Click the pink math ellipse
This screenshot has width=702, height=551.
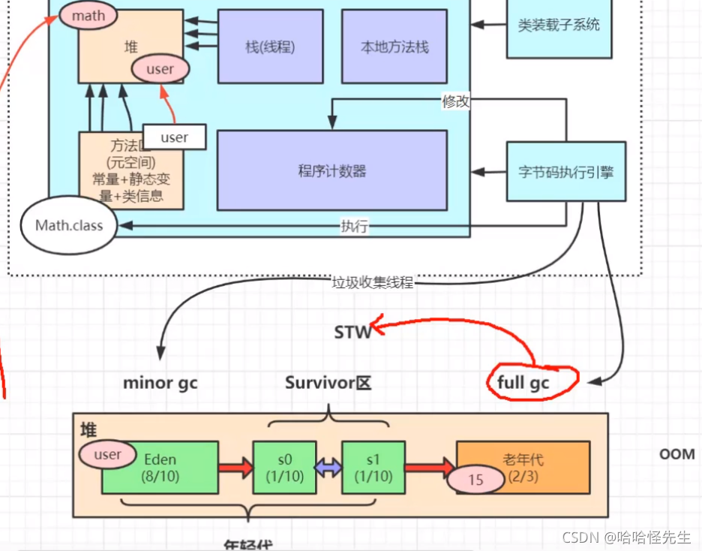[88, 14]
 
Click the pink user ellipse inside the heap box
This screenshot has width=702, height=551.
[160, 69]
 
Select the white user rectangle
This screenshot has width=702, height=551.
[175, 137]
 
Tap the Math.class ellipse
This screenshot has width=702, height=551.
[69, 224]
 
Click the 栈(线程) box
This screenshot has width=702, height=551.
[270, 47]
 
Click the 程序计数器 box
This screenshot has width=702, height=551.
[331, 170]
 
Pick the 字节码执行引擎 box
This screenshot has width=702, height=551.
[566, 170]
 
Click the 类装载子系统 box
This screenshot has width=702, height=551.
[559, 25]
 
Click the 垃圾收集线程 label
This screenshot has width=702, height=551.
[373, 283]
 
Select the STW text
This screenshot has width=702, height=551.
[352, 331]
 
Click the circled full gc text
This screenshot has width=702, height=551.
[523, 383]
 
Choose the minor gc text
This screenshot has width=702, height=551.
[160, 382]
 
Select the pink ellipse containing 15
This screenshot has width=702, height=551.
[475, 479]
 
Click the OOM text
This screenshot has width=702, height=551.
[676, 454]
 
